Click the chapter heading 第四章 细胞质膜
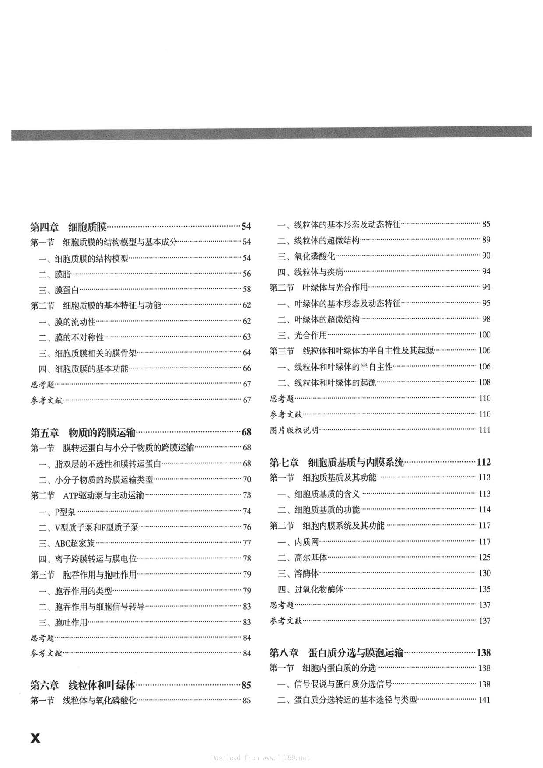pyautogui.click(x=68, y=227)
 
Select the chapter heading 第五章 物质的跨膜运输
pyautogui.click(x=83, y=432)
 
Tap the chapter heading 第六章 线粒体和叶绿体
pyautogui.click(x=83, y=685)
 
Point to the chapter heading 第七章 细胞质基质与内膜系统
pyautogui.click(x=336, y=462)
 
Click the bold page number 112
pyautogui.click(x=484, y=462)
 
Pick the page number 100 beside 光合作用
pyautogui.click(x=485, y=335)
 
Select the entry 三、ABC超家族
pyautogui.click(x=67, y=544)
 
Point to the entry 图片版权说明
pyautogui.click(x=294, y=430)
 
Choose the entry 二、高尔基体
pyautogui.click(x=302, y=558)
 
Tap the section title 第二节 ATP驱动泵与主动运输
pyautogui.click(x=87, y=495)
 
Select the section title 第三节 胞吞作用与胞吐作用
pyautogui.click(x=84, y=575)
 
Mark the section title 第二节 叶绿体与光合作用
pyautogui.click(x=319, y=288)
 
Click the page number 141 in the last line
pyautogui.click(x=484, y=700)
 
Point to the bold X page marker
pyautogui.click(x=35, y=738)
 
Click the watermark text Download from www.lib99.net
pyautogui.click(x=260, y=757)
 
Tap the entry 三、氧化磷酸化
pyautogui.click(x=306, y=256)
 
